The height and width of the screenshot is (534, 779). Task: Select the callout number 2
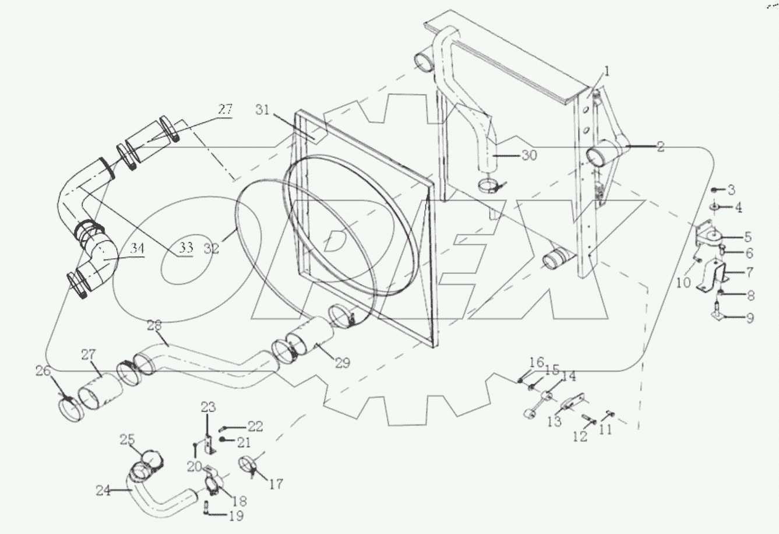click(x=660, y=147)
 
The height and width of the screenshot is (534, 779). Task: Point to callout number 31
click(x=263, y=110)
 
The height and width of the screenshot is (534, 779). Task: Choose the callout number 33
click(x=186, y=248)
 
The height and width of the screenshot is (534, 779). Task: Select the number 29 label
click(x=343, y=363)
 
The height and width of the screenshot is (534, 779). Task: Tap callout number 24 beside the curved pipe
click(x=103, y=491)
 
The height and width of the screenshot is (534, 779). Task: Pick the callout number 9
click(x=750, y=318)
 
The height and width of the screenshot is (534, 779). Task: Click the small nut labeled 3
click(x=715, y=190)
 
